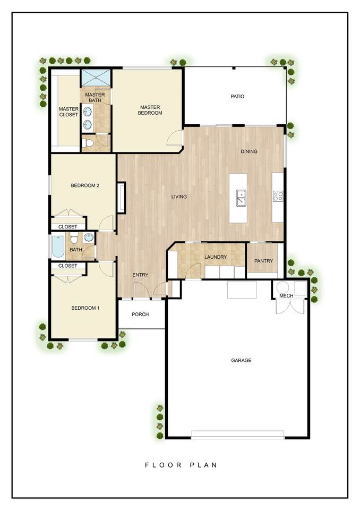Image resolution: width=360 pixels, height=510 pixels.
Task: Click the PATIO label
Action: tap(237, 97)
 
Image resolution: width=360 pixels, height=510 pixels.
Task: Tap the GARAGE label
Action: tap(241, 360)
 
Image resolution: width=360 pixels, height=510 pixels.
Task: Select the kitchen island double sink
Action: tap(241, 198)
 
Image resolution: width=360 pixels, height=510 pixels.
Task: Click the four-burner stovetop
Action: tap(278, 197)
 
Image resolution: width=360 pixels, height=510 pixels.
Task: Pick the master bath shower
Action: tap(96, 77)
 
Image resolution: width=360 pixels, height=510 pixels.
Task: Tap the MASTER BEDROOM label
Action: tap(150, 110)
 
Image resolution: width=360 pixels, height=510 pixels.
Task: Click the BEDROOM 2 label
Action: tap(85, 186)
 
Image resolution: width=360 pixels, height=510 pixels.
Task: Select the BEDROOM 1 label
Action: tap(85, 308)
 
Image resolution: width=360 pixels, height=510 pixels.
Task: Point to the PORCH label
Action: tap(140, 314)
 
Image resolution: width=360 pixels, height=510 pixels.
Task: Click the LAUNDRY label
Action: tap(216, 257)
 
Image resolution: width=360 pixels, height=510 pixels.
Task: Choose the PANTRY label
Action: tap(264, 261)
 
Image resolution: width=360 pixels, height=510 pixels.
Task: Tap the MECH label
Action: tap(286, 296)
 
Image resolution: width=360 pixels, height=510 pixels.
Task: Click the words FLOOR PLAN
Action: tap(181, 465)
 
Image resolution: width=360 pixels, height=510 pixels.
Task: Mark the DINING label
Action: tap(249, 151)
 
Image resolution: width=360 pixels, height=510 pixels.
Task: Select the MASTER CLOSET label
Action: tap(68, 112)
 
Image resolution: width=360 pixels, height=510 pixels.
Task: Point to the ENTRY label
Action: tap(141, 275)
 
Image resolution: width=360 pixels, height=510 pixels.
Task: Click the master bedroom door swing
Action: tap(174, 137)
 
